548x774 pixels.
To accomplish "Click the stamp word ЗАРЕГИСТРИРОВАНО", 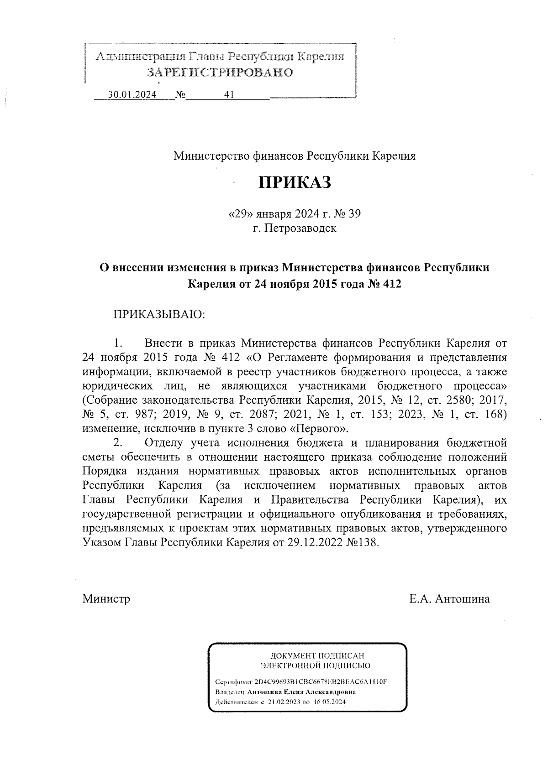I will click(220, 73).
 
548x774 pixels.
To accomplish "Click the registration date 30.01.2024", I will click(132, 94).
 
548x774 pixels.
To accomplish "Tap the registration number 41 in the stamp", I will click(229, 94).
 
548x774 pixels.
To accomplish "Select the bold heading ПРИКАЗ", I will click(295, 182).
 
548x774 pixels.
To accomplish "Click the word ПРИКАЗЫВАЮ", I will click(159, 314).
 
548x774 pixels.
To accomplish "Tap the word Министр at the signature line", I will click(106, 599).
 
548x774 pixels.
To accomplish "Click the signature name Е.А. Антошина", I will click(449, 599).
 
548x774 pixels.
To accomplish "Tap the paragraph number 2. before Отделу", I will click(118, 442).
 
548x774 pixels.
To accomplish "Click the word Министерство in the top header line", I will click(211, 156).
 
